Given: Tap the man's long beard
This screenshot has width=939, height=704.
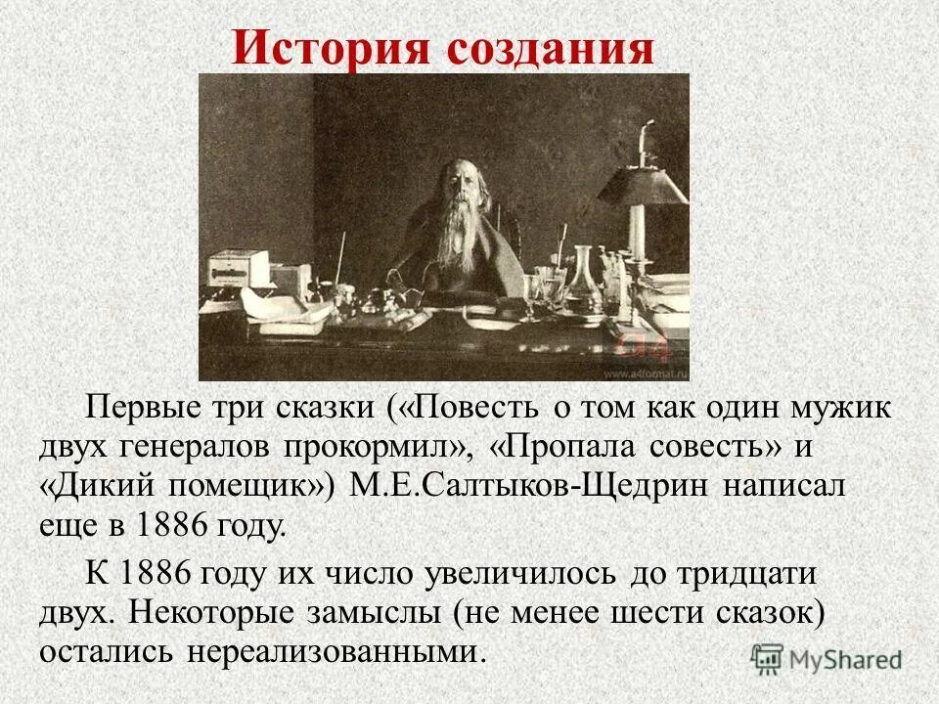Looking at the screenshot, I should [448, 240].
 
